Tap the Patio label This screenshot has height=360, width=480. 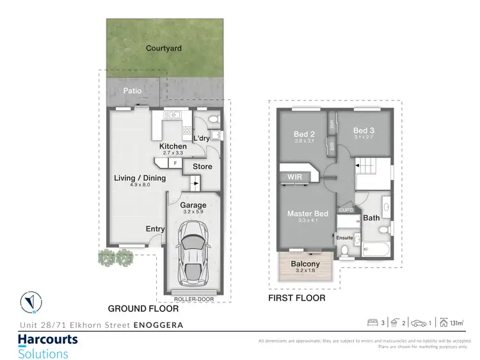pyautogui.click(x=132, y=91)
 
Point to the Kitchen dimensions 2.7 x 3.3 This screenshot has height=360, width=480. pyautogui.click(x=173, y=153)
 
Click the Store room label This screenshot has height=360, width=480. pyautogui.click(x=202, y=167)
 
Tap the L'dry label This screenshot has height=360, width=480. pyautogui.click(x=202, y=138)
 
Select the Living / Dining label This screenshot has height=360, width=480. pyautogui.click(x=140, y=178)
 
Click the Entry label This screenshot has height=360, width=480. pyautogui.click(x=155, y=229)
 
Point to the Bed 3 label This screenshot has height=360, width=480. pyautogui.click(x=363, y=131)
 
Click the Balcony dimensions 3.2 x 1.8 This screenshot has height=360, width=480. pyautogui.click(x=305, y=272)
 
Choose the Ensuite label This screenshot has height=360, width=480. pyautogui.click(x=344, y=238)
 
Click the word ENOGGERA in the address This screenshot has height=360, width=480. pyautogui.click(x=158, y=325)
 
